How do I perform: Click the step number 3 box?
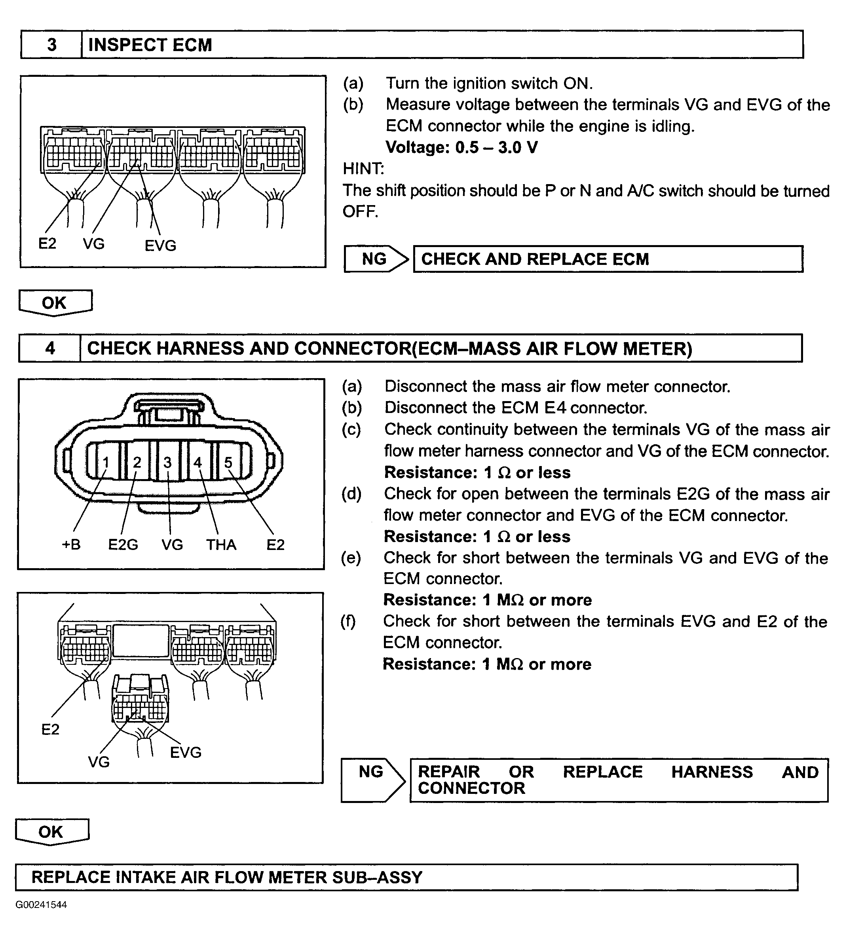(51, 45)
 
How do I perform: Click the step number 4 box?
(50, 348)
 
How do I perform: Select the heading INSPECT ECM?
(150, 45)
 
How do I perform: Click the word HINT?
(363, 169)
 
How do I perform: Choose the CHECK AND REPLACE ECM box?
(608, 259)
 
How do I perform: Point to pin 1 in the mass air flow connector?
(106, 462)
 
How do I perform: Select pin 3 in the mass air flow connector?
(167, 462)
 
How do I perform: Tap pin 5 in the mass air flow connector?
(228, 462)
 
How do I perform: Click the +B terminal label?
(71, 544)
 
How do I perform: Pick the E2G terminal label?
(123, 544)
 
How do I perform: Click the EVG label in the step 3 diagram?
(161, 245)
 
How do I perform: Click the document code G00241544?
(41, 905)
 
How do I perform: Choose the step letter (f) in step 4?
(348, 621)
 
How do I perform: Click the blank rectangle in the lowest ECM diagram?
(141, 641)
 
